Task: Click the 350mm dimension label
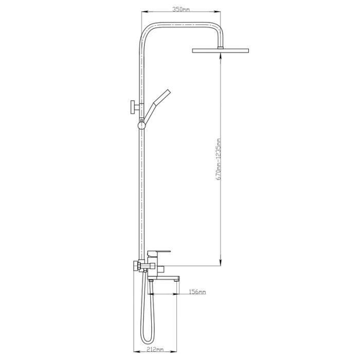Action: click(181, 10)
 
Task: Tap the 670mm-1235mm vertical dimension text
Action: click(219, 159)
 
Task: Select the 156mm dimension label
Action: click(197, 292)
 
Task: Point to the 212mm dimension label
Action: click(155, 350)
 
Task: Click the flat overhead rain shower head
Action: click(221, 50)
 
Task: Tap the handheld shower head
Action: click(157, 106)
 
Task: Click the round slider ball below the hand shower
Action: click(141, 125)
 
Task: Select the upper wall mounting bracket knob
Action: click(133, 107)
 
